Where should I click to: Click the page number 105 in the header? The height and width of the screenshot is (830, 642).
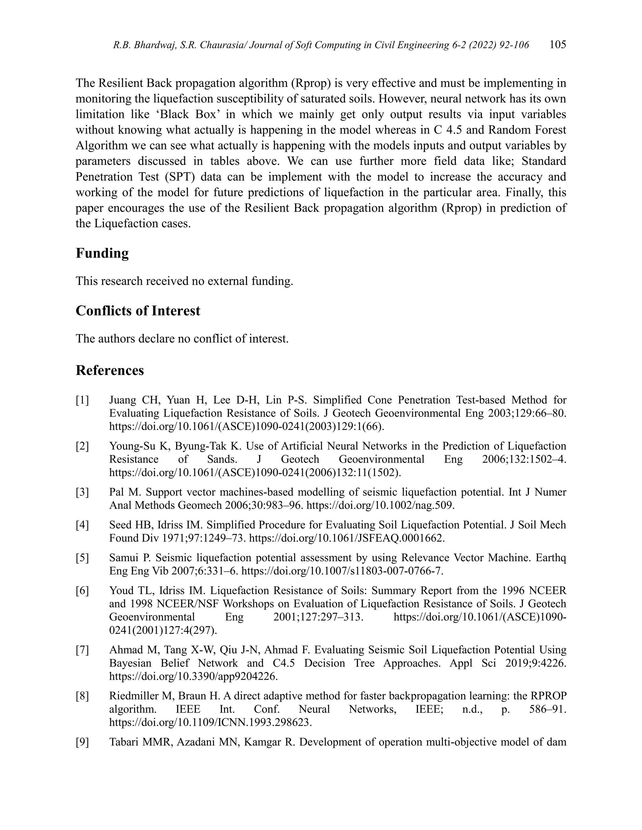coord(558,45)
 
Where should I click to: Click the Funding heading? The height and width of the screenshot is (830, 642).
coord(102,253)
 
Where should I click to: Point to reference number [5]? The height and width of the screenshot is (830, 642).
coord(82,558)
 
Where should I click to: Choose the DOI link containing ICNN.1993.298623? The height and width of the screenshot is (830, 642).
coord(210,723)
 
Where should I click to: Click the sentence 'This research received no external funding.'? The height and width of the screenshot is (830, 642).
coord(184,281)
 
